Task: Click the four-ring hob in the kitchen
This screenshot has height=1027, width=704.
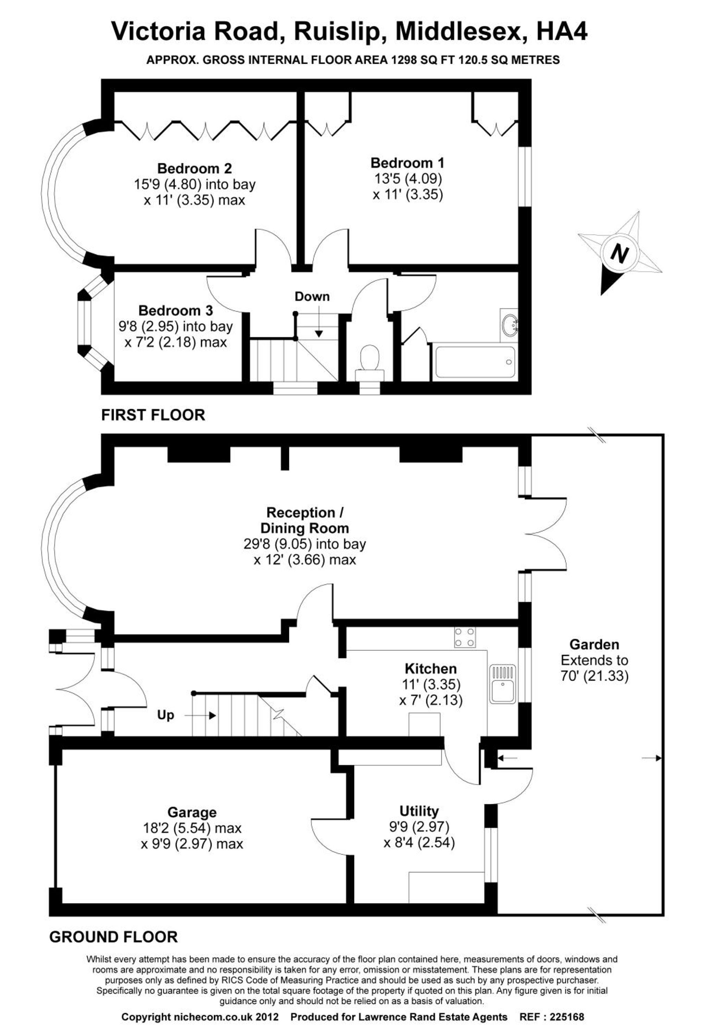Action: [465, 637]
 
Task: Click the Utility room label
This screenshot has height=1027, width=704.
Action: [419, 811]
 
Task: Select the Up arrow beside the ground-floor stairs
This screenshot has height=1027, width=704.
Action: [200, 715]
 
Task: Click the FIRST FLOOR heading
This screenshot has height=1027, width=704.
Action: [153, 415]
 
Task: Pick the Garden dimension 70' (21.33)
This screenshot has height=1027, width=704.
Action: [595, 676]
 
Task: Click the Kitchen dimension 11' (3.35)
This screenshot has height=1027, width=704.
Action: [431, 684]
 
